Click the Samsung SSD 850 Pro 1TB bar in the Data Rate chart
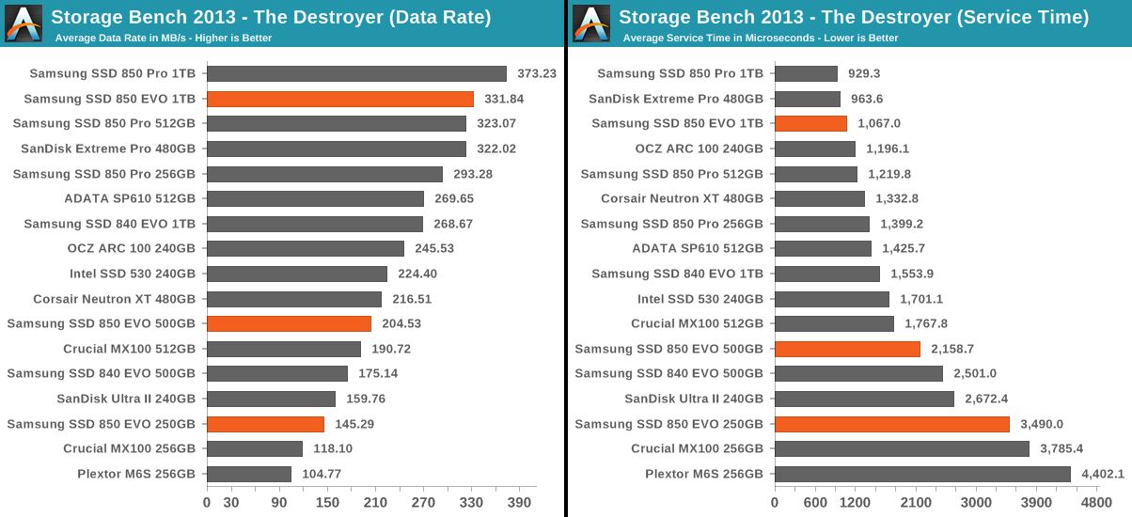click(356, 73)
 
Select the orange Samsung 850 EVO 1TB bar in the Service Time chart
click(810, 123)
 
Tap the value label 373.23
click(537, 73)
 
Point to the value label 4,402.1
click(1102, 474)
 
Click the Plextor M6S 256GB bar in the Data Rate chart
click(249, 474)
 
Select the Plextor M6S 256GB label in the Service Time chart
click(704, 474)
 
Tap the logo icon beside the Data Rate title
click(24, 23)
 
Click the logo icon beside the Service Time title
click(591, 23)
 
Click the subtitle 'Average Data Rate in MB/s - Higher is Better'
click(164, 38)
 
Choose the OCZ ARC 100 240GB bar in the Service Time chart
click(814, 149)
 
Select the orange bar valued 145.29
click(265, 424)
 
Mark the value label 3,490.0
click(1042, 424)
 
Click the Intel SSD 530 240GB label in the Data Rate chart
click(133, 274)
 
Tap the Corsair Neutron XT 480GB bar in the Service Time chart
click(819, 198)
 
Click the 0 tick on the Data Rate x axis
click(207, 502)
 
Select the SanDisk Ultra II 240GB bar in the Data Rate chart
click(271, 399)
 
